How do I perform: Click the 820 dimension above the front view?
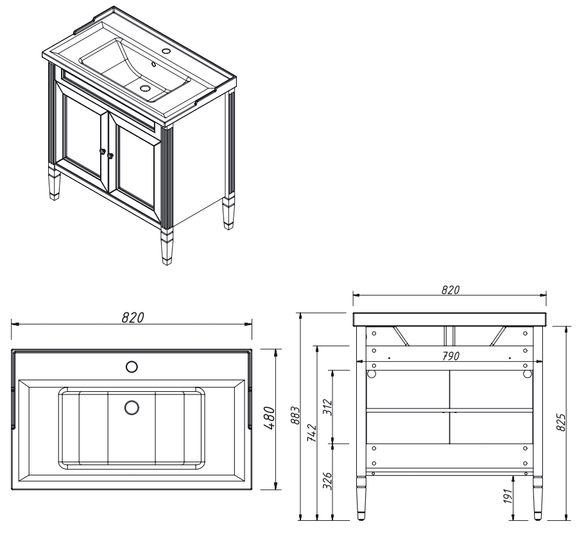(x=450, y=290)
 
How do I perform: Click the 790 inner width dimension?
(x=456, y=355)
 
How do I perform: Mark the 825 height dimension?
(x=560, y=422)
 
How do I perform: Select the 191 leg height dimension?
(x=508, y=497)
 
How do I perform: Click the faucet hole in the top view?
(x=132, y=366)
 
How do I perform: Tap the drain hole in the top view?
(x=132, y=407)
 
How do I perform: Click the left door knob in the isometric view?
(x=101, y=151)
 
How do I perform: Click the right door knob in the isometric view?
(x=110, y=155)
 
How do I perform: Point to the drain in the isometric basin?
(x=145, y=88)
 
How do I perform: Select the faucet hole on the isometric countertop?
(x=166, y=50)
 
